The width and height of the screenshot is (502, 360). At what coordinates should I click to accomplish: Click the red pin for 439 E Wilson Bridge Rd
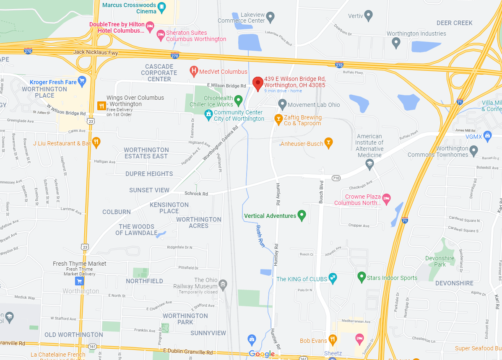coord(258,82)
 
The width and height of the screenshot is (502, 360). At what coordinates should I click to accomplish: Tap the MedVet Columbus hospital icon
coord(194,71)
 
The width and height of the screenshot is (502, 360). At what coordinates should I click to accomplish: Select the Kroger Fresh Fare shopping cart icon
coord(82,82)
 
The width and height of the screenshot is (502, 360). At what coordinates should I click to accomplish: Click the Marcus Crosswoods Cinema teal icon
coord(161,7)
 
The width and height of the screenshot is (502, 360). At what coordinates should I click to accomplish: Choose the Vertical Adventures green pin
coord(302,216)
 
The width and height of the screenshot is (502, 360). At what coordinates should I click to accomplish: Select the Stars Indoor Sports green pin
coord(362,277)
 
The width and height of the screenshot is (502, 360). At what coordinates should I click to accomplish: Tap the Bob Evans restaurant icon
coord(333,339)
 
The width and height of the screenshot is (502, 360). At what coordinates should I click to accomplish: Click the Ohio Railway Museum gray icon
coord(223,285)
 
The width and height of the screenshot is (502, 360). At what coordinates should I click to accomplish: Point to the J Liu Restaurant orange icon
coord(96,143)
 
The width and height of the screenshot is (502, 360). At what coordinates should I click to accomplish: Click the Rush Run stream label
coord(260,236)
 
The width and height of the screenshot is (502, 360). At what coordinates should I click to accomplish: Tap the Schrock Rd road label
coord(196,194)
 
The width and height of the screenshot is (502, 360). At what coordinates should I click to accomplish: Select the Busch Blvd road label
coord(321,192)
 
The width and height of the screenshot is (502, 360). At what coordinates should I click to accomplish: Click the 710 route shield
coord(336,178)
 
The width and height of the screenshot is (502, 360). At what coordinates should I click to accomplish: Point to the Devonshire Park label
coord(440,262)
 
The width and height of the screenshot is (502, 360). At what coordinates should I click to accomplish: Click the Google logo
coord(262,354)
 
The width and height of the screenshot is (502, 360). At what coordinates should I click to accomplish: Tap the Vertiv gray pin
coord(369,16)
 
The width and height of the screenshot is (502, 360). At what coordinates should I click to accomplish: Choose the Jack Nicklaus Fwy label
coord(96,52)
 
